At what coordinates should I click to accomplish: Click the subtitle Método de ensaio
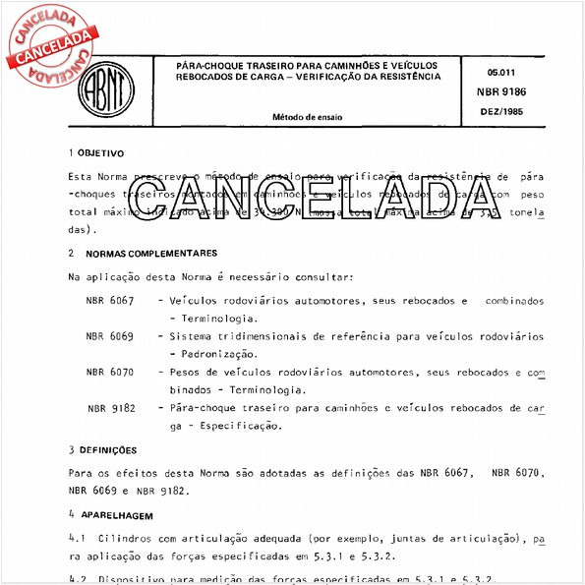[308, 116]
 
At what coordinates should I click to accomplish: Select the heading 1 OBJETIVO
[95, 153]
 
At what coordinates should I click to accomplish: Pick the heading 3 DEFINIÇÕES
[101, 449]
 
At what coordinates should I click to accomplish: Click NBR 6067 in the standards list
[109, 299]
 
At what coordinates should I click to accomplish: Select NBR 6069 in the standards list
[109, 336]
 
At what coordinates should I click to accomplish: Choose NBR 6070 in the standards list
[109, 373]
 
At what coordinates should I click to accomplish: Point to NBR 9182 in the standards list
[110, 407]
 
